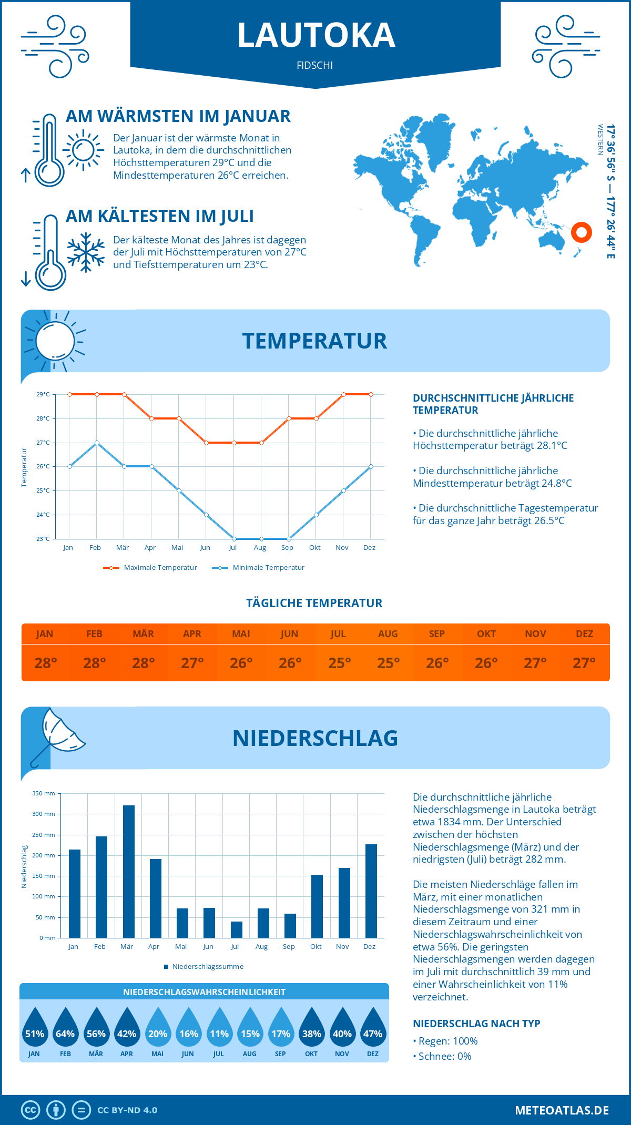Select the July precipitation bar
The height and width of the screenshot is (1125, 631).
[x=237, y=929]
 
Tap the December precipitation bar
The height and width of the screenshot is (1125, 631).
[x=371, y=891]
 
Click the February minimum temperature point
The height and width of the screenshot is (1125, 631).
[x=97, y=443]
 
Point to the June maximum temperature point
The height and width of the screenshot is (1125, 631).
[x=206, y=443]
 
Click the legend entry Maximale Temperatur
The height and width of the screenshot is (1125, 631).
[x=150, y=568]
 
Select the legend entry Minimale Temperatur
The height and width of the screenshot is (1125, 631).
[x=258, y=568]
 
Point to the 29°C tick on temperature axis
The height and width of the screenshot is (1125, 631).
[x=43, y=394]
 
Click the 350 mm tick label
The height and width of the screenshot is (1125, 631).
[x=44, y=793]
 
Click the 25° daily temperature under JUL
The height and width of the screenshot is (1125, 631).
[x=339, y=663]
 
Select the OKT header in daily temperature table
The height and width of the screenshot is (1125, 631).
[x=486, y=634]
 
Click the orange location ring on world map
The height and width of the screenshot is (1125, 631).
[x=582, y=232]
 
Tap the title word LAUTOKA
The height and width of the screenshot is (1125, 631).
[x=316, y=35]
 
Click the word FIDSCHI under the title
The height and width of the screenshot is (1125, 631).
[x=315, y=66]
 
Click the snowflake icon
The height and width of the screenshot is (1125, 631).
[x=86, y=252]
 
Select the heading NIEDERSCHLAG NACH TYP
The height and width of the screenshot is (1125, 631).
[x=476, y=1024]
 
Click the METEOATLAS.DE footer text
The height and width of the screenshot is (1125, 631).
[x=562, y=1110]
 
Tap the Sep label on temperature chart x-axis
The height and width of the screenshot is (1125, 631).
[x=287, y=548]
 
